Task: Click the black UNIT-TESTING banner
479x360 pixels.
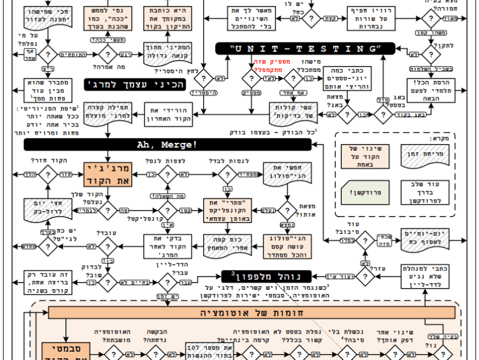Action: (305, 49)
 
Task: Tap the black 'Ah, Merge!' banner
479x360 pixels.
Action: (167, 145)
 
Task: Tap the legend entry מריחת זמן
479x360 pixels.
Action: (426, 155)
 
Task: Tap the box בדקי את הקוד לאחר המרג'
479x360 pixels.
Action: (170, 244)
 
